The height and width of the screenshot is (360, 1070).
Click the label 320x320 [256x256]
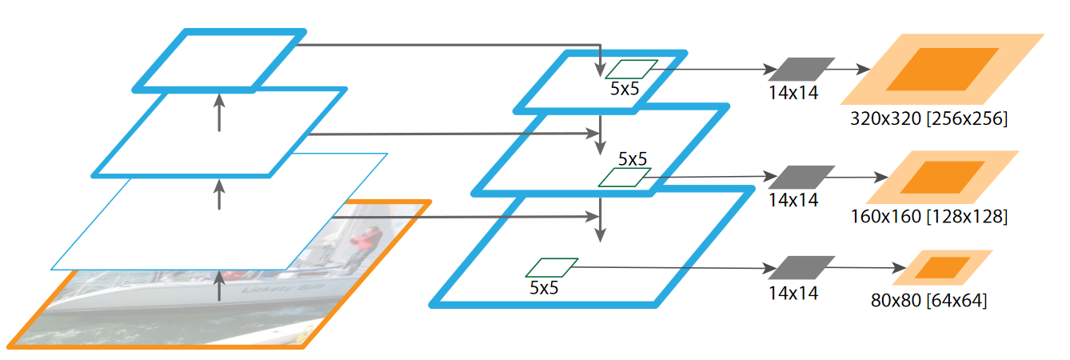coord(928,119)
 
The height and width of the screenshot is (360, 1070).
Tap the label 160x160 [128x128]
coord(928,217)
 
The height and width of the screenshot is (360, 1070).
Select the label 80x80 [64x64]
coord(928,301)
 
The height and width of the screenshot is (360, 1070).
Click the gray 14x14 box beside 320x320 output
coord(800,69)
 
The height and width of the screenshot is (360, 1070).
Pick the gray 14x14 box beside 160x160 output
coord(800,177)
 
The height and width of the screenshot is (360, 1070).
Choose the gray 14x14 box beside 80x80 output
coord(800,267)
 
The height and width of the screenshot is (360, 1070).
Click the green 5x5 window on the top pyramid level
coord(632,70)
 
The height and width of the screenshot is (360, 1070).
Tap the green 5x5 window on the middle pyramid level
coord(625,178)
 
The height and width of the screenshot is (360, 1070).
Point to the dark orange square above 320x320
coord(942,69)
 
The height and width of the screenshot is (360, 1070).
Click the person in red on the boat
coord(366,238)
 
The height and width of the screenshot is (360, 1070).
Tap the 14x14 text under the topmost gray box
coord(793,93)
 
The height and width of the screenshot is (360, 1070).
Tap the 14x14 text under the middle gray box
coord(793,200)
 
